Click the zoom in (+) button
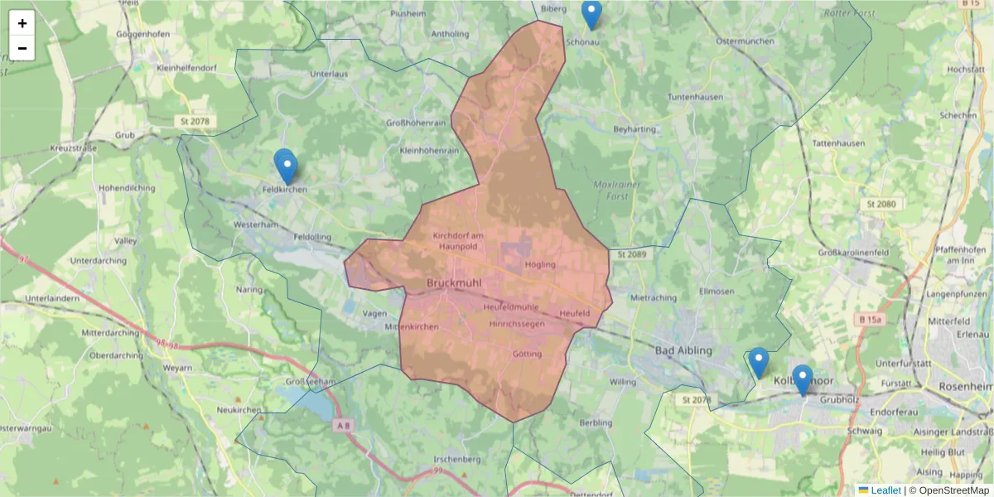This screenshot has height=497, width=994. click(x=22, y=23)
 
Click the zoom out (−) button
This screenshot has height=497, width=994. click(x=22, y=48)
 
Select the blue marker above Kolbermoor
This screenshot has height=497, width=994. click(x=758, y=362)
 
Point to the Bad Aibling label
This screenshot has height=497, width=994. click(x=683, y=350)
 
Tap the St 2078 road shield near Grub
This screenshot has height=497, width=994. click(x=193, y=122)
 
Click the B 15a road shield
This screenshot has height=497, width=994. click(x=871, y=319)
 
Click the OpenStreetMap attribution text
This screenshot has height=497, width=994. click(x=953, y=490)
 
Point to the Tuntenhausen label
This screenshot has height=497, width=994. click(x=695, y=97)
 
